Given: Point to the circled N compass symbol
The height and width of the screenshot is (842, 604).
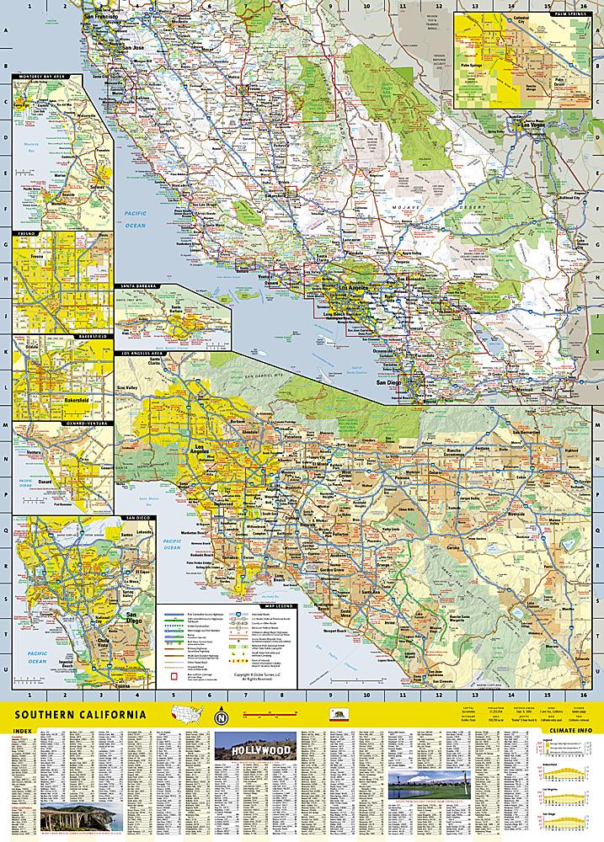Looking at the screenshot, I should point(222,717).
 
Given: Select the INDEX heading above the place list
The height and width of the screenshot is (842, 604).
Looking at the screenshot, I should point(26,731).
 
